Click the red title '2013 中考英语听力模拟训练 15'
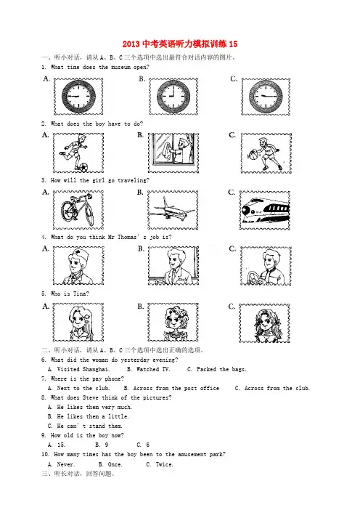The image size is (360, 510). (180, 44)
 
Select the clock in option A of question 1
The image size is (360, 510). (78, 97)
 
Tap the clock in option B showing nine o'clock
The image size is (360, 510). (173, 97)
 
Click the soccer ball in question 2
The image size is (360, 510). (83, 167)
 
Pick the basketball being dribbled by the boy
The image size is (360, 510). (253, 155)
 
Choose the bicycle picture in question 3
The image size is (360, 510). (78, 210)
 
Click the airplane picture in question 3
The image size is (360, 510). (173, 211)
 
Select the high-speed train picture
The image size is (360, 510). (265, 210)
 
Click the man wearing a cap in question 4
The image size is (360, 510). (78, 266)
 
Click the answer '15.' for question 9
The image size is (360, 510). (61, 445)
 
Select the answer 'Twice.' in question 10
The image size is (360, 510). (164, 464)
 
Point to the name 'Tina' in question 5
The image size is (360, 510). (80, 294)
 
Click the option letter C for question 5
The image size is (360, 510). (232, 307)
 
